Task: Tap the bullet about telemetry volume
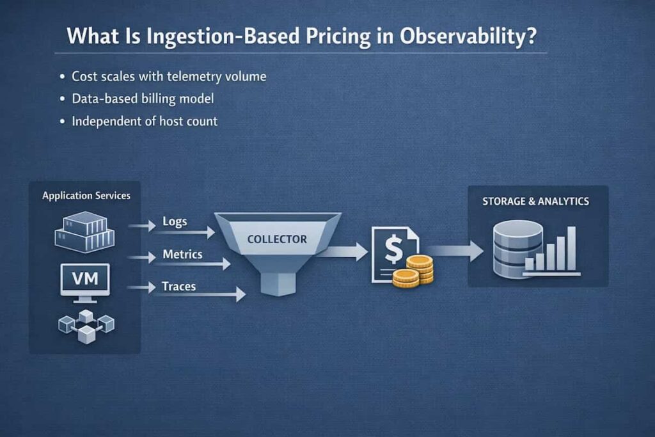(168, 77)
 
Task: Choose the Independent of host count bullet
(145, 120)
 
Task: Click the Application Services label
(86, 195)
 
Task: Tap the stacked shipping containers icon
(84, 232)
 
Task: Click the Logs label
(175, 221)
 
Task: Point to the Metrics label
(182, 254)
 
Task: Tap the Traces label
(178, 286)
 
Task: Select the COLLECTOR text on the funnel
(277, 239)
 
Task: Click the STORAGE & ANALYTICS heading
(536, 202)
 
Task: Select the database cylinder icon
(517, 249)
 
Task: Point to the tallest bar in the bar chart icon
(571, 248)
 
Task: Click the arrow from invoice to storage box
(455, 251)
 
